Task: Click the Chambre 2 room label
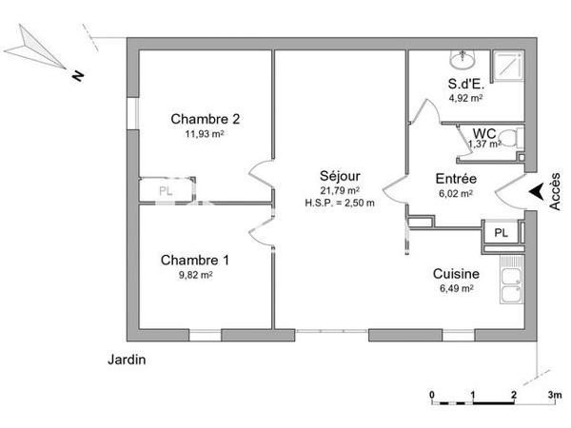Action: (205, 119)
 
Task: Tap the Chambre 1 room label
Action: (194, 260)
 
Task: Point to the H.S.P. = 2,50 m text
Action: (340, 202)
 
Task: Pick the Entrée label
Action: (456, 179)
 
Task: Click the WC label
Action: (483, 132)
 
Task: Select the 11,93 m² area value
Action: (205, 134)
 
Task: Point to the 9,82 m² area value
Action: (194, 275)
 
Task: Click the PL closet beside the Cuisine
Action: (501, 231)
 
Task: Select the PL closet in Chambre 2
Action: (167, 189)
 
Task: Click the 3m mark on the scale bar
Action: (551, 393)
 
